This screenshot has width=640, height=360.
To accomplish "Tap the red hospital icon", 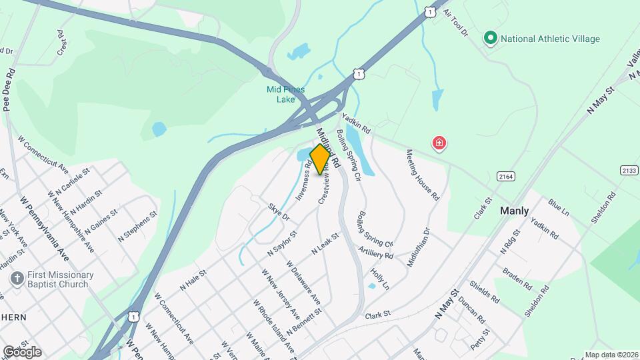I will tap(439, 143).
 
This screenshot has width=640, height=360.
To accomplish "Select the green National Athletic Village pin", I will tap(491, 39).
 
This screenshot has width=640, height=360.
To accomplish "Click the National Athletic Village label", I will tap(550, 39).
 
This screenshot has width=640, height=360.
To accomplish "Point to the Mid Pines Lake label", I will tap(285, 94).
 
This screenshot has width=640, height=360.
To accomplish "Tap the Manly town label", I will tap(515, 211).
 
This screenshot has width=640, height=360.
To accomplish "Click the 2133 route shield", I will tap(627, 171).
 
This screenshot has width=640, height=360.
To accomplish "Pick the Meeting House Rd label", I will tap(423, 175).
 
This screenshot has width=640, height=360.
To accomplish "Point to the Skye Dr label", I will tap(279, 212).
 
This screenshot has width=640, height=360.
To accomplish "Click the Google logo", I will tap(22, 351).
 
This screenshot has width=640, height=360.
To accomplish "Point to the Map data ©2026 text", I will tap(611, 355).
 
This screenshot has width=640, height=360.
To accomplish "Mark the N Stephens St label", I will tap(137, 227).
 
